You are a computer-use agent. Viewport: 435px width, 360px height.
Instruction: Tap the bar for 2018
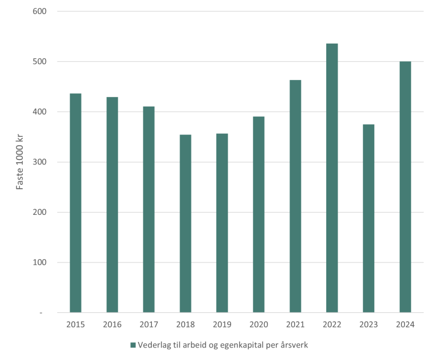tap(185, 223)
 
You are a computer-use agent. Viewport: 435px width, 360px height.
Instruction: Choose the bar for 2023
tap(368, 218)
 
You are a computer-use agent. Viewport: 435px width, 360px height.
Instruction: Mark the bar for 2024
tap(405, 187)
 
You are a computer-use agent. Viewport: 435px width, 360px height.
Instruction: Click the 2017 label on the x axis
tap(148, 324)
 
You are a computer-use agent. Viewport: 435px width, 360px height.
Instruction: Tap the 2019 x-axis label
tap(222, 324)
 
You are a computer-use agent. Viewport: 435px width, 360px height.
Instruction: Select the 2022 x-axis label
tap(332, 324)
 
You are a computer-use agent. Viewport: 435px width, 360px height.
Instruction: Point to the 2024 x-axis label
tap(405, 324)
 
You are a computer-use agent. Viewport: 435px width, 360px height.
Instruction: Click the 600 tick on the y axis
tap(39, 11)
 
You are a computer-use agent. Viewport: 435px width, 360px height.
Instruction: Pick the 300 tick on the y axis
tap(39, 162)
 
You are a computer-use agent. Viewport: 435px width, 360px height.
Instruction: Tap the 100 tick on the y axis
tap(39, 262)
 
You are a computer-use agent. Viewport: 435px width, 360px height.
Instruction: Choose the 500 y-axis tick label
tap(39, 62)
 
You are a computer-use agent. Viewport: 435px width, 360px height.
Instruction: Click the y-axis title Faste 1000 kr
tap(20, 162)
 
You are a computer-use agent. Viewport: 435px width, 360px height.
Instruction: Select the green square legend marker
tap(133, 345)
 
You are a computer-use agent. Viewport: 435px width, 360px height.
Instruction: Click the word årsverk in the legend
tap(291, 345)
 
